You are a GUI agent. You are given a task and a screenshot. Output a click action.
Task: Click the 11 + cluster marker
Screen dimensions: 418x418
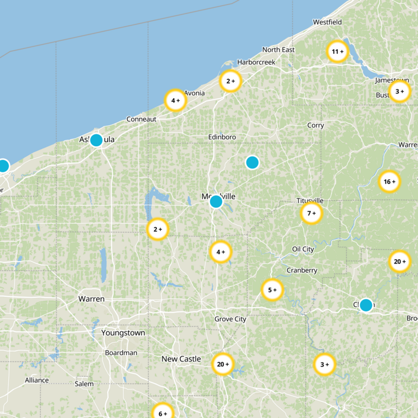[337, 52]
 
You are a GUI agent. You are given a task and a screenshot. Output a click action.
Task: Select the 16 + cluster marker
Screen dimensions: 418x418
[389, 182]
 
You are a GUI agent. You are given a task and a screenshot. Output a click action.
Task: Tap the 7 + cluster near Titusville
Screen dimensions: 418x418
[311, 213]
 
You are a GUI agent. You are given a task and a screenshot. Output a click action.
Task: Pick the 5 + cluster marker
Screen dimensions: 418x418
[272, 290]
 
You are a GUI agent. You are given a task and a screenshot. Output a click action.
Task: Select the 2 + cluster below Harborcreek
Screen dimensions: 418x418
[230, 81]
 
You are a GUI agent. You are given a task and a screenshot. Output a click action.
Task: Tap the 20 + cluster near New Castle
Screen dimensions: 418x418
[223, 364]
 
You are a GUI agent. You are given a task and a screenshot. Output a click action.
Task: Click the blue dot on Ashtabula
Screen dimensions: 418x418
[96, 140]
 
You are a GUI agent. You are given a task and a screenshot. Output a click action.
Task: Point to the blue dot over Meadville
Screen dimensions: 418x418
[216, 201]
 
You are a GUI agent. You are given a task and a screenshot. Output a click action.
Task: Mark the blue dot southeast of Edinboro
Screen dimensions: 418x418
[252, 162]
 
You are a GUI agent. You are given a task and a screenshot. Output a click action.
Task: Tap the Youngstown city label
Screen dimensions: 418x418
[123, 333]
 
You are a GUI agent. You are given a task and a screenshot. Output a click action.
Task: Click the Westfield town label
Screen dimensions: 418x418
[327, 22]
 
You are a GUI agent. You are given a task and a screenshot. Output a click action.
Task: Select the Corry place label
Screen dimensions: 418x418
[316, 125]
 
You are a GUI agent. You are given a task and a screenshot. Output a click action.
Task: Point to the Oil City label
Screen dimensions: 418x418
[303, 249]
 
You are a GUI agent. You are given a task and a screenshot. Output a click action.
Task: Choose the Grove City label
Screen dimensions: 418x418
[230, 319]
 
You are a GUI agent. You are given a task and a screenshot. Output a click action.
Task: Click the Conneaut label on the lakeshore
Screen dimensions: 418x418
[141, 119]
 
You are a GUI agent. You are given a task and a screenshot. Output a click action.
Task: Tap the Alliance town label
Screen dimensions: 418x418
[37, 380]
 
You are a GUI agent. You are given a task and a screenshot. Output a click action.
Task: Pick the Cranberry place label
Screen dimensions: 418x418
[301, 271]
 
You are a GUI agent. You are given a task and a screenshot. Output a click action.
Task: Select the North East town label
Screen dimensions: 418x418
[278, 50]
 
